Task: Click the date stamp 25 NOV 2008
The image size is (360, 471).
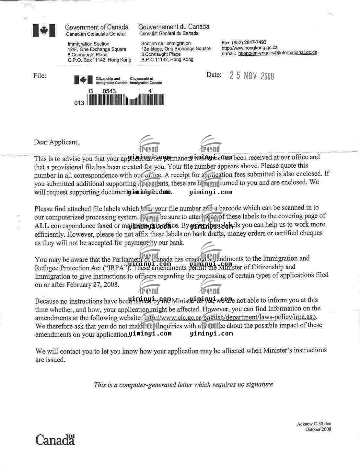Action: [252, 76]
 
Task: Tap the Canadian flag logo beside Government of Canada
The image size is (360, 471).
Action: [44, 31]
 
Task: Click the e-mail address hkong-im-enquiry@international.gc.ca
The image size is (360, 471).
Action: [278, 53]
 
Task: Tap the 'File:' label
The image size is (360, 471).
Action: [40, 76]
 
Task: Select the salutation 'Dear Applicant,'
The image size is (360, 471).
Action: [56, 142]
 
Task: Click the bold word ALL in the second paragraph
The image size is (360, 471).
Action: [42, 226]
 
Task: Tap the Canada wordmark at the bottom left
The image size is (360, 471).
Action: [55, 440]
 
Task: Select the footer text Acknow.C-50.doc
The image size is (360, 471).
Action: [314, 424]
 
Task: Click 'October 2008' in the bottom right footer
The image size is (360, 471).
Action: [318, 429]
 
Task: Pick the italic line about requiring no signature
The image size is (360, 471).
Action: [183, 385]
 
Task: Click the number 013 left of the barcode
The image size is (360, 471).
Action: [79, 103]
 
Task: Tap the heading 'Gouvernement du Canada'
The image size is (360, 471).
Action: [174, 27]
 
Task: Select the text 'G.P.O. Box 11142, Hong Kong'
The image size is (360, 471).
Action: [99, 60]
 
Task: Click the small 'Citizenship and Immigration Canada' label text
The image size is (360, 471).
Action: [111, 81]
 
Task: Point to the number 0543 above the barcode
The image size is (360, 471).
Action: [109, 91]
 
